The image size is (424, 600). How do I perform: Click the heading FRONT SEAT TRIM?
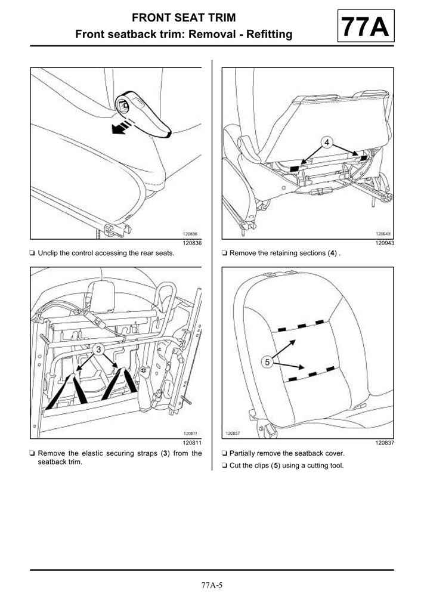tap(184, 18)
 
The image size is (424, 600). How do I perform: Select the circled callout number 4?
tap(327, 142)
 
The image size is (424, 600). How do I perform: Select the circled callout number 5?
tap(267, 361)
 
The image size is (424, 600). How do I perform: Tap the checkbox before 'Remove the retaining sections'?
tap(224, 253)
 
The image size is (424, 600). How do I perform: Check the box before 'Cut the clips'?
tap(224, 465)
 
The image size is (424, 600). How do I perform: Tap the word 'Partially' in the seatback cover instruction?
tap(243, 453)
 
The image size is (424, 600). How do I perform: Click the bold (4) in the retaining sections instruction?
tap(332, 253)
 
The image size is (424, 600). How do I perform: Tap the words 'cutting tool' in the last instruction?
tap(325, 465)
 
